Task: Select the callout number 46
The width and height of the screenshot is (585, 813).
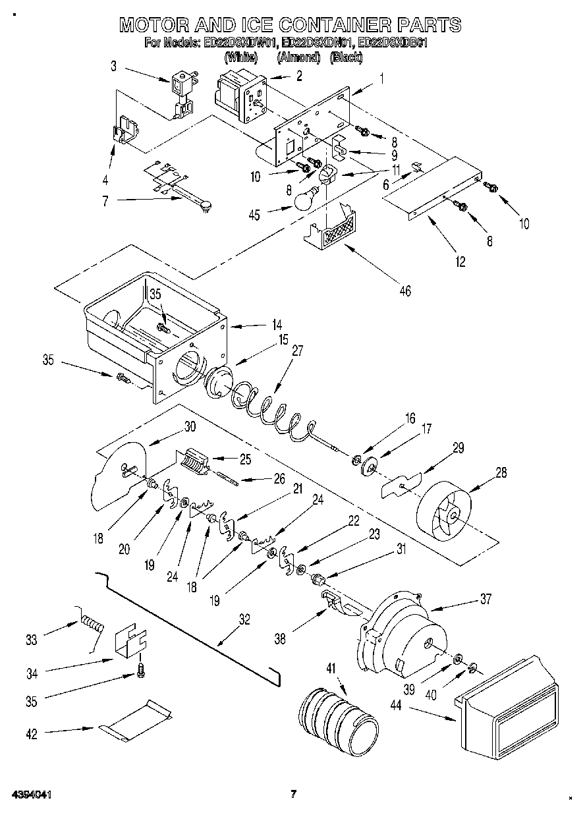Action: point(405,290)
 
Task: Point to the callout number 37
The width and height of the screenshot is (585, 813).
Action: point(486,599)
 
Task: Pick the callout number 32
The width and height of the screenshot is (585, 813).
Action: point(244,619)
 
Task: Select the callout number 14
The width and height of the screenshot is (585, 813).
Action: point(275,324)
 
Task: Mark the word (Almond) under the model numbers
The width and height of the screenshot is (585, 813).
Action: point(298,58)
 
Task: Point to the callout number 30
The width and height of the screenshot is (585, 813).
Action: point(190,426)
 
